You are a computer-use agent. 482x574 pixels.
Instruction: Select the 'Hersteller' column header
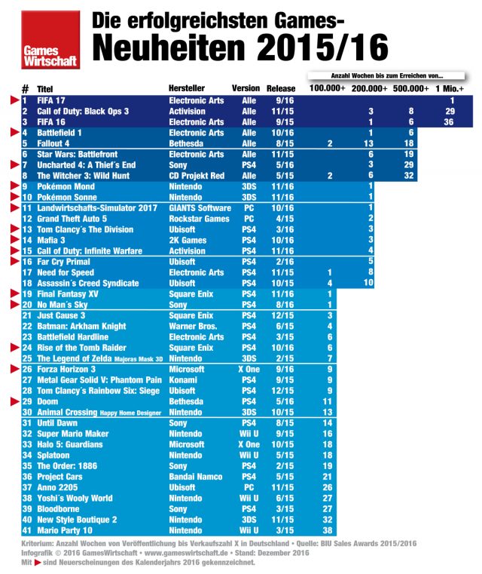[x=187, y=88]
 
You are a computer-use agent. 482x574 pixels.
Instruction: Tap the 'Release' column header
[x=281, y=88]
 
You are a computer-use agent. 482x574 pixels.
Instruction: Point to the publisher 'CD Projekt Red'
[x=197, y=176]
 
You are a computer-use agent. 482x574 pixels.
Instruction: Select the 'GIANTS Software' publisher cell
[x=200, y=208]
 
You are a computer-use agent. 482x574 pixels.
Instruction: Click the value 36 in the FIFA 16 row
[x=449, y=121]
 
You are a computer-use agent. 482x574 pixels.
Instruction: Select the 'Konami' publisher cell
[x=183, y=381]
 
